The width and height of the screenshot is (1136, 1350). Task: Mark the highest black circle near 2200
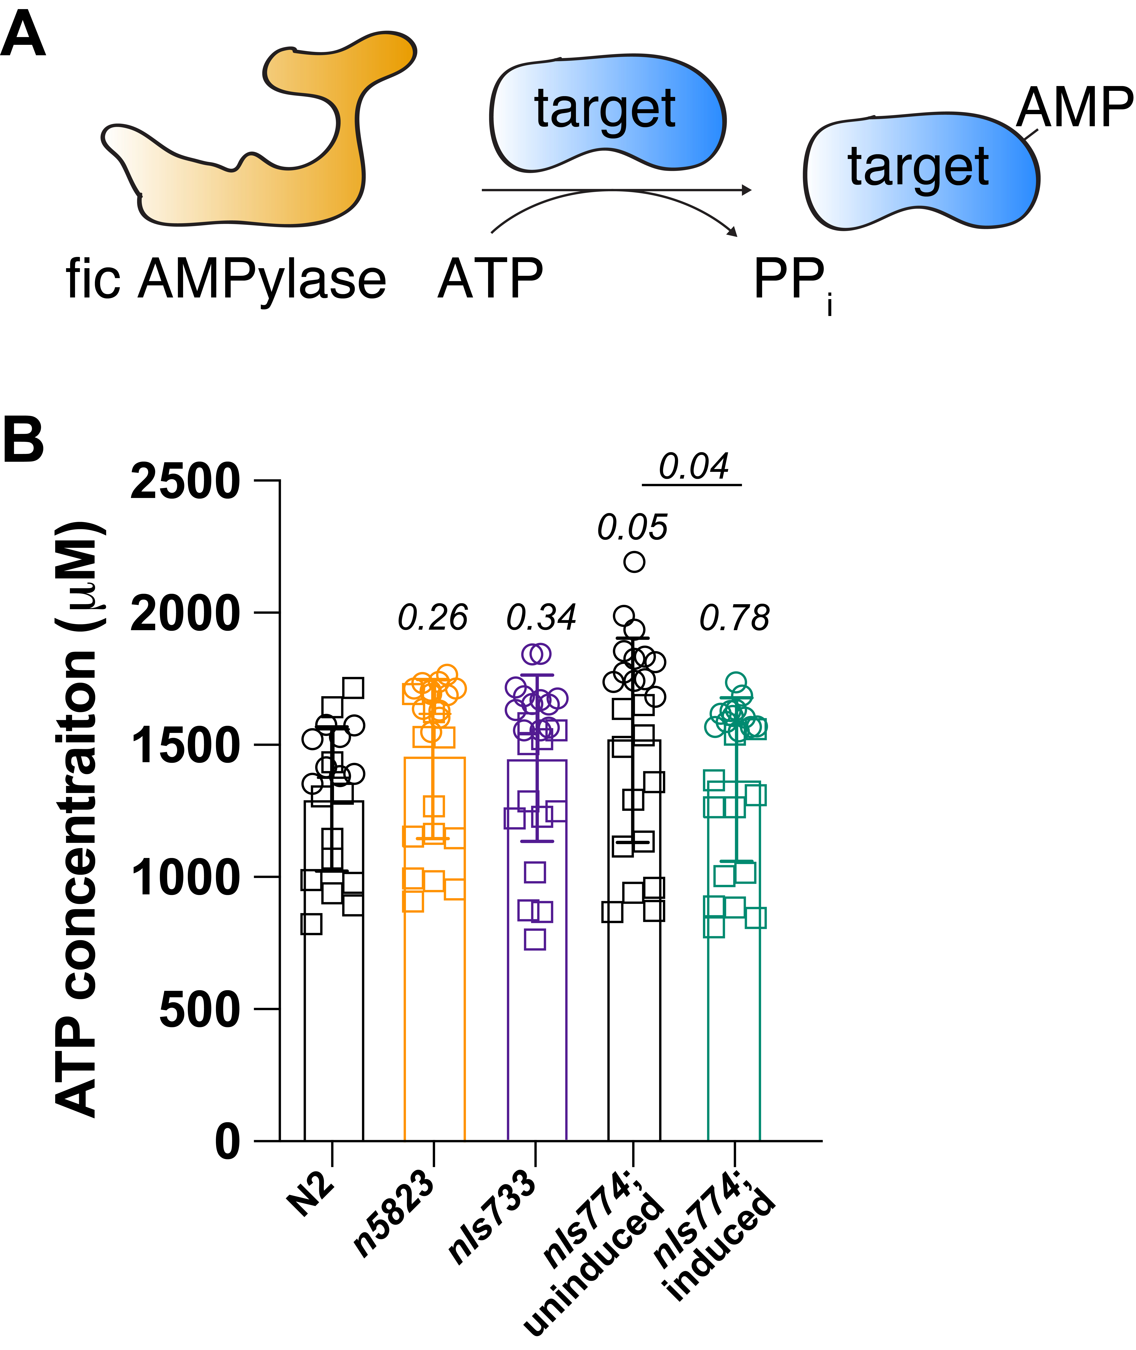pyautogui.click(x=634, y=562)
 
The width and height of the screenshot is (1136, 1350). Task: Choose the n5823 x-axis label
pyautogui.click(x=394, y=1213)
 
